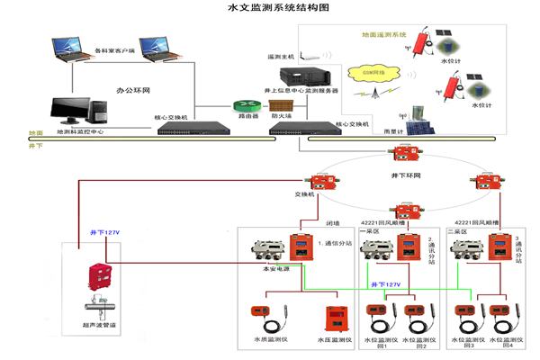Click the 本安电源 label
pos(273,268)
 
